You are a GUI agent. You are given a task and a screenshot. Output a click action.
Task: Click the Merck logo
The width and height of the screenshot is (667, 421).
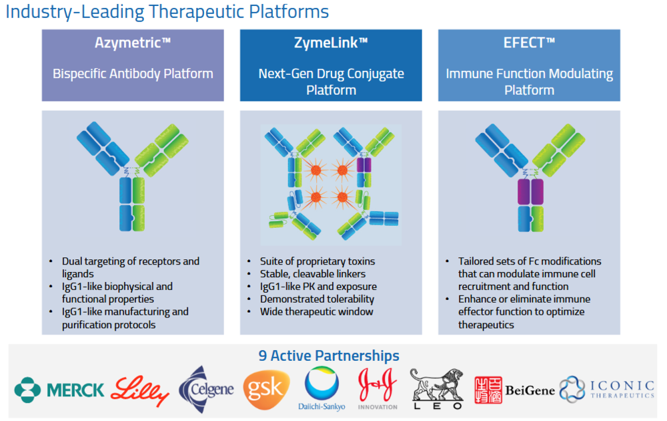[x=59, y=390]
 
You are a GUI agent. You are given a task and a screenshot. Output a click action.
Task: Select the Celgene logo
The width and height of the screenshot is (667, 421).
[x=206, y=390]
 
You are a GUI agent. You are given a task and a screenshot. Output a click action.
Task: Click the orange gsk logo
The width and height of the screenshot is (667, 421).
[x=266, y=390]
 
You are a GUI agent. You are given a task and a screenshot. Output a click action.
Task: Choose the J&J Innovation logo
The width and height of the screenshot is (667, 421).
[x=378, y=389]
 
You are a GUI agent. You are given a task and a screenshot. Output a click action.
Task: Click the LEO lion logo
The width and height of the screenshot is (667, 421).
[x=437, y=389]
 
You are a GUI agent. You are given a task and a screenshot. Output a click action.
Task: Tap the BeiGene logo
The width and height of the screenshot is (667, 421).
[x=515, y=390]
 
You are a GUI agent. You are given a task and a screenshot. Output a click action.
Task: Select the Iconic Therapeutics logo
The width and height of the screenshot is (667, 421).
[x=607, y=389]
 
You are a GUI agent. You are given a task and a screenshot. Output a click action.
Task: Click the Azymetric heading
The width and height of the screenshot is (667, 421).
[x=133, y=43]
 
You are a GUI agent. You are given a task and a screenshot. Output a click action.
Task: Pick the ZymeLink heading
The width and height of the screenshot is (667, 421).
[x=331, y=43]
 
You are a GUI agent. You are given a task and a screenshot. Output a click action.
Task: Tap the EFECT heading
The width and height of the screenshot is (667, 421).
[x=529, y=43]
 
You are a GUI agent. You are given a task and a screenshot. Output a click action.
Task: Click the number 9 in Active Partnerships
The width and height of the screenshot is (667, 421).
[x=262, y=356]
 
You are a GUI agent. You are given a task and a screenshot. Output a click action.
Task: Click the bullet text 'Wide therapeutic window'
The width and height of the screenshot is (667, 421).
[x=316, y=311]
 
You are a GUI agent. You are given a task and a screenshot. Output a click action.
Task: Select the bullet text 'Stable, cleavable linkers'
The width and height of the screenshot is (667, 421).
[x=313, y=273]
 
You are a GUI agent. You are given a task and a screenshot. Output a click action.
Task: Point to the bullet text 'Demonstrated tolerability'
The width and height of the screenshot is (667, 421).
[x=317, y=299]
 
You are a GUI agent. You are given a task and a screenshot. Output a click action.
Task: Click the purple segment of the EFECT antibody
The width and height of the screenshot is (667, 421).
[x=530, y=192]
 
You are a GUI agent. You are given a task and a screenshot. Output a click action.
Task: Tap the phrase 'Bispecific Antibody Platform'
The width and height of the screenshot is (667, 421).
[x=133, y=74]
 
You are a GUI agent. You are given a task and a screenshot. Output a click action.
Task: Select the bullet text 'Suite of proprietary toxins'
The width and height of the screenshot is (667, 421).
[x=317, y=261]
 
